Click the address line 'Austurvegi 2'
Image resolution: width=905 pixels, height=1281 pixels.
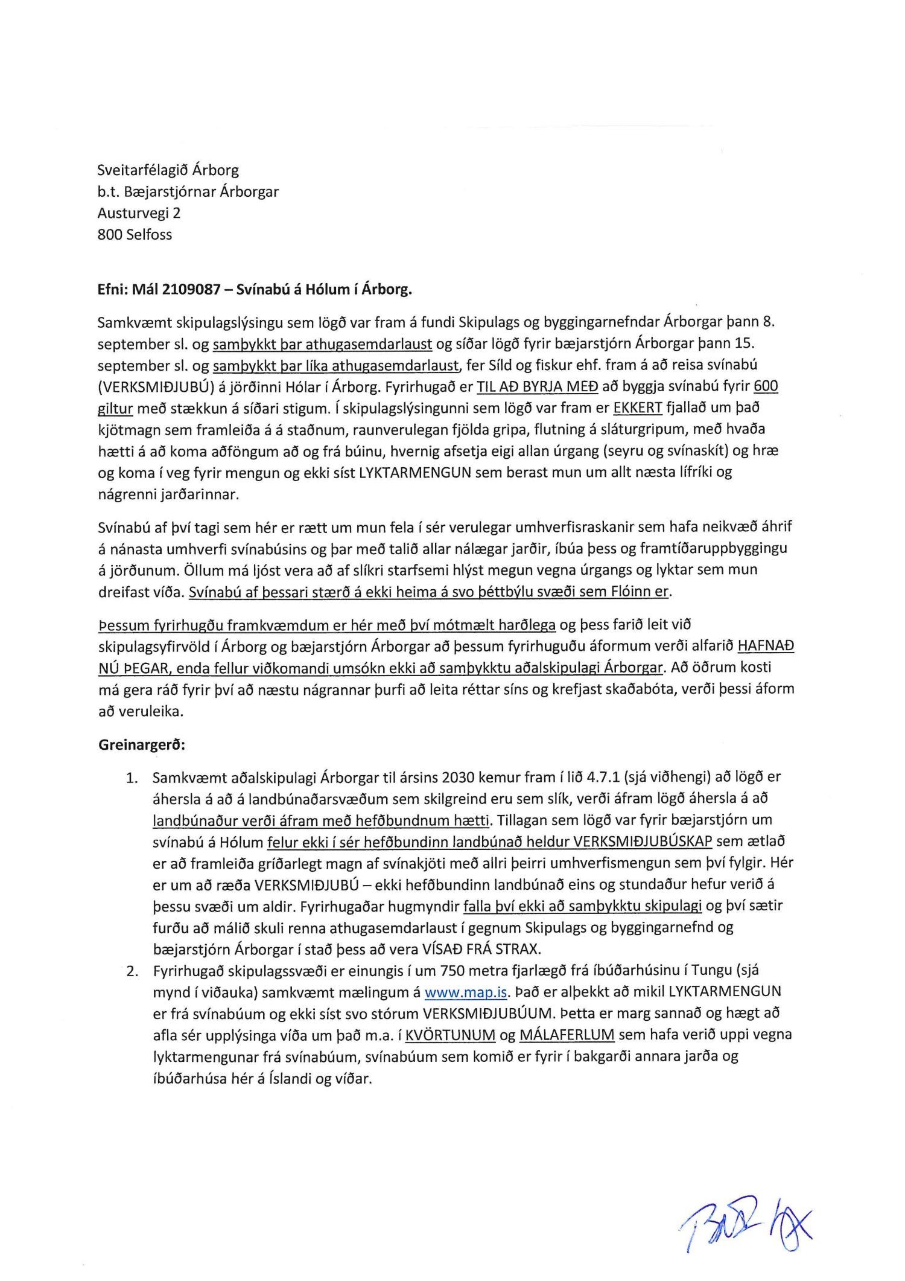(139, 213)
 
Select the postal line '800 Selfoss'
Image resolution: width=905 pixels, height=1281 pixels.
(135, 235)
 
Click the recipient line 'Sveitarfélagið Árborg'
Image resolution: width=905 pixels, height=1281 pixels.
(168, 170)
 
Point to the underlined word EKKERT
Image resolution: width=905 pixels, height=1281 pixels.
(638, 408)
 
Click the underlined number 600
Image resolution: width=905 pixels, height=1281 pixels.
(766, 387)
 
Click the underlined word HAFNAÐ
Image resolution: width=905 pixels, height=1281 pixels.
(766, 646)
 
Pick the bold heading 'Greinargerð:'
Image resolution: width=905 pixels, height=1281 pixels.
(142, 745)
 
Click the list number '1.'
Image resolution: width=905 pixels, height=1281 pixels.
(132, 778)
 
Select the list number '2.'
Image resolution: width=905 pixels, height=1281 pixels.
(132, 971)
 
